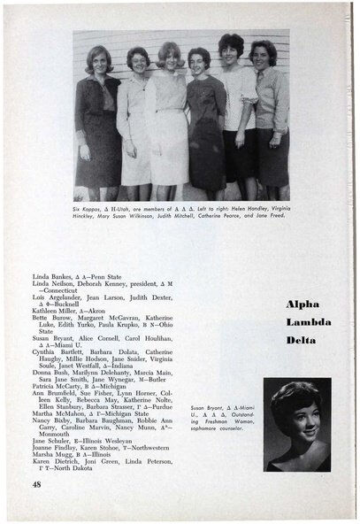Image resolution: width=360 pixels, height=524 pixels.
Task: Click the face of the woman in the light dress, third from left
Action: [170, 56]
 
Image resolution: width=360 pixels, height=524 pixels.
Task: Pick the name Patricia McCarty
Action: [56, 387]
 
